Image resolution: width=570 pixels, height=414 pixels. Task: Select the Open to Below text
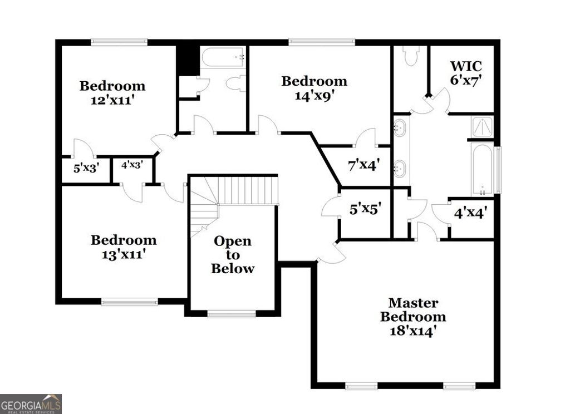233,255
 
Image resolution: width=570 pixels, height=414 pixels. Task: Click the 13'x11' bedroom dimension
124,254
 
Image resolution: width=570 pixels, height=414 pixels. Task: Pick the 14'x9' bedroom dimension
314,95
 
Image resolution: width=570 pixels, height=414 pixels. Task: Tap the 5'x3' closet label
86,167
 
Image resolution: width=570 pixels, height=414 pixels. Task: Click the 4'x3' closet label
132,165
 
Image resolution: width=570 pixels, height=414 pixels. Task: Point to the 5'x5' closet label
365,210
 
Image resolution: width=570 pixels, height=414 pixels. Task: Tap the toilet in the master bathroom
411,56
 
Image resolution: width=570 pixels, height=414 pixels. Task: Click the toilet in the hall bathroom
236,83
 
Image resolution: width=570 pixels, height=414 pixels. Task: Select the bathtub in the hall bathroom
222,57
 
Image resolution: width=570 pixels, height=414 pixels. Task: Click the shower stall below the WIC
481,126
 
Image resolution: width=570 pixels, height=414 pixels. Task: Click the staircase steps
245,190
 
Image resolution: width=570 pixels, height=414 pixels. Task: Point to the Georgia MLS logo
31,403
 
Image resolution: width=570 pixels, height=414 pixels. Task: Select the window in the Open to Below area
232,314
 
